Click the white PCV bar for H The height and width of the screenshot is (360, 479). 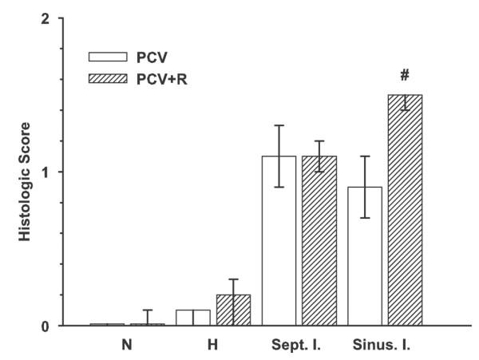pyautogui.click(x=192, y=318)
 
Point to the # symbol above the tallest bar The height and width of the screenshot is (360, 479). pyautogui.click(x=405, y=76)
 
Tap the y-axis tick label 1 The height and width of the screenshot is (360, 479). pyautogui.click(x=46, y=172)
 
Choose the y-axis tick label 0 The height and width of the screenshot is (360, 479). pyautogui.click(x=46, y=326)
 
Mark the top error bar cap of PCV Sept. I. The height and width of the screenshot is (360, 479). pyautogui.click(x=279, y=125)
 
